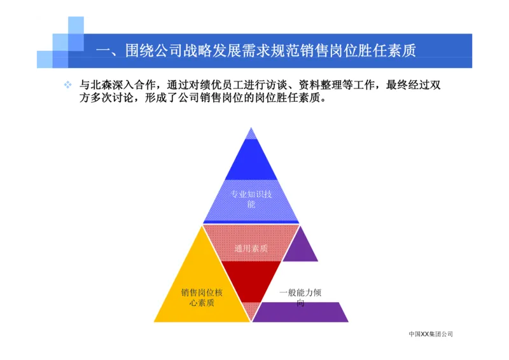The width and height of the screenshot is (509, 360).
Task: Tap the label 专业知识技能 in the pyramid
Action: pos(251,198)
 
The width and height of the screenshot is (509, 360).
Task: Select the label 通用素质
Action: pos(251,249)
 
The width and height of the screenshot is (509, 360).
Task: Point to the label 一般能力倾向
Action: pos(300,297)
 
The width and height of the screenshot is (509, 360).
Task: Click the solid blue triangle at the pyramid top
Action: pos(251,162)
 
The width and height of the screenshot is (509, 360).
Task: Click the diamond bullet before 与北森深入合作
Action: pos(67,85)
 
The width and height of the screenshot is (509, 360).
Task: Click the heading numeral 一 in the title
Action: pos(102,50)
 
